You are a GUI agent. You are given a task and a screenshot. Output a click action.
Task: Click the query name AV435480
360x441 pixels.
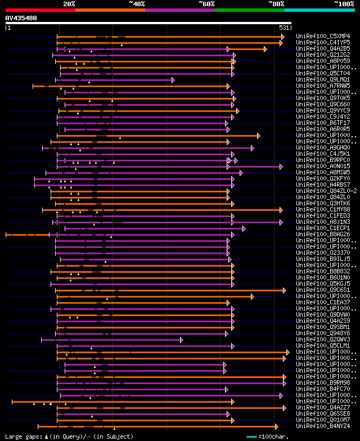click(21, 18)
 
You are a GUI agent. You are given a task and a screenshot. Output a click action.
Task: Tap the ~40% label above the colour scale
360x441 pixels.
click(137, 4)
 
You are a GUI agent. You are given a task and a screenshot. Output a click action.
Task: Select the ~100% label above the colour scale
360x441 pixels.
click(344, 4)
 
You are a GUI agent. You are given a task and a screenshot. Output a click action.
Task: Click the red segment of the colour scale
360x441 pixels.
click(40, 10)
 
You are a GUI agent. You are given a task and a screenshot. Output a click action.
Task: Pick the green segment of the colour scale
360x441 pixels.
click(249, 10)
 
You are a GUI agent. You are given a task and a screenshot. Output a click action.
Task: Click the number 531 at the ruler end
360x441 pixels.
click(284, 28)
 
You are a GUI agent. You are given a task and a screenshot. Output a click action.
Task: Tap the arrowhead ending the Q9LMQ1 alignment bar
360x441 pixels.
click(173, 80)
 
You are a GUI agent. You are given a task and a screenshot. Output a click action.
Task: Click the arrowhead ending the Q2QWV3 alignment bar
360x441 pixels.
click(181, 340)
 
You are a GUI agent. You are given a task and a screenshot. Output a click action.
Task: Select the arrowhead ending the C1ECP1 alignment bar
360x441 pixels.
click(244, 228)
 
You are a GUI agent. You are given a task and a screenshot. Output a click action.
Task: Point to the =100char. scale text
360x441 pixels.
click(274, 436)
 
